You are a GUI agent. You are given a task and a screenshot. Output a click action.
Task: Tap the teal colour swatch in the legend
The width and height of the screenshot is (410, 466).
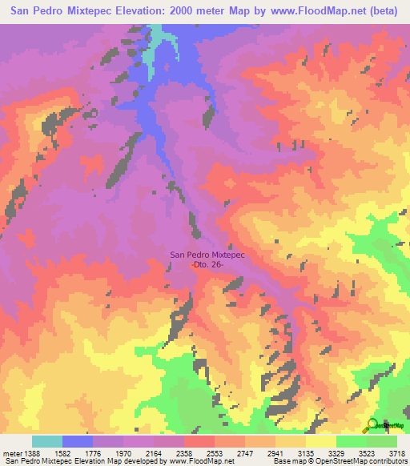[47, 441]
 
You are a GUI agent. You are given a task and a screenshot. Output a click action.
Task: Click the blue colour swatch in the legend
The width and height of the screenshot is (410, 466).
[78, 441]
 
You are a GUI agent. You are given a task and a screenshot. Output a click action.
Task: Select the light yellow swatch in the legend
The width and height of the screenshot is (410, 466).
[320, 441]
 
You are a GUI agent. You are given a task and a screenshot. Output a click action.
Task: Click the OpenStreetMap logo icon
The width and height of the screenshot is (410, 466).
[372, 424]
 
